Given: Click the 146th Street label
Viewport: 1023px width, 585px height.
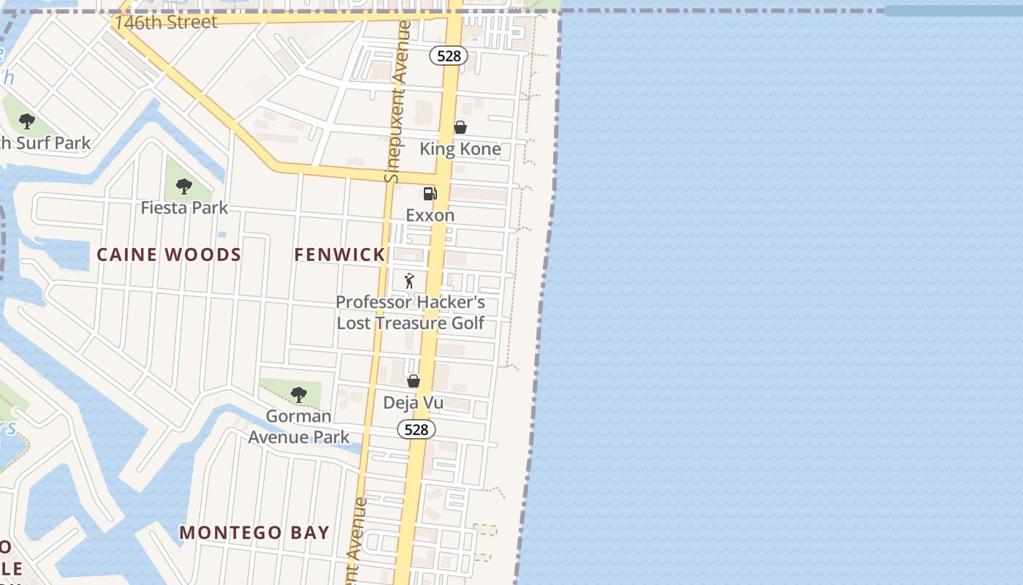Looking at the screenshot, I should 166,22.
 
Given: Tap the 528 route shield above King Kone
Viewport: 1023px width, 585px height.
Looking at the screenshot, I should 448,56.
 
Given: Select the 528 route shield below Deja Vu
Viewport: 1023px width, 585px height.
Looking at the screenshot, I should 416,429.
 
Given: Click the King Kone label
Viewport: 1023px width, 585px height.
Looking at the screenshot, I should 460,149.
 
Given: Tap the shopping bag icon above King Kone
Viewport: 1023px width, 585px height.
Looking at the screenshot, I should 460,127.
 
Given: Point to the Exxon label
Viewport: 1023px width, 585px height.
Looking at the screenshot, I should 430,215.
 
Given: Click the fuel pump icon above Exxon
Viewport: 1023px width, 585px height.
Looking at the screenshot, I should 430,194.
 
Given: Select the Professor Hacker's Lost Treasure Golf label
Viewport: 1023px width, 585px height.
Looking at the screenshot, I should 410,312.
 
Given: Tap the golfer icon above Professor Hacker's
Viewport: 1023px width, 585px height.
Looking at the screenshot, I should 409,280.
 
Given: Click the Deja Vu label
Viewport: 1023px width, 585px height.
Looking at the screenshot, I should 413,403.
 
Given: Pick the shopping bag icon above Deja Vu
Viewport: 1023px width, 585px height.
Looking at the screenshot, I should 413,381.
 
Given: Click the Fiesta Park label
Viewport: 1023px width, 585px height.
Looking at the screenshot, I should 184,208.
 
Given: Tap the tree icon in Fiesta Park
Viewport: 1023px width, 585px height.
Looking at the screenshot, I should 183,186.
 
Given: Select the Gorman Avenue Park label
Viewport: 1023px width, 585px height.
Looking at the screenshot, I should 298,426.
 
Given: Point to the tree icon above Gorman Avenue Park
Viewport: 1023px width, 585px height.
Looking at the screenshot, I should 298,395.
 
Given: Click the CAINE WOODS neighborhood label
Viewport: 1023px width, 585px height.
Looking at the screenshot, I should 169,254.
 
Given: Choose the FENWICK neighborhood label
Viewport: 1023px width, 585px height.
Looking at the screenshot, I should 339,254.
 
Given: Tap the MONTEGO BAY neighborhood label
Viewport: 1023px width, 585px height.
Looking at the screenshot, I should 254,532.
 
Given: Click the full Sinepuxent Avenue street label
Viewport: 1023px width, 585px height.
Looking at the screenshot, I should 398,102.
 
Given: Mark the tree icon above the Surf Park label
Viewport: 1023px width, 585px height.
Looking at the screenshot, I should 27,121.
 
